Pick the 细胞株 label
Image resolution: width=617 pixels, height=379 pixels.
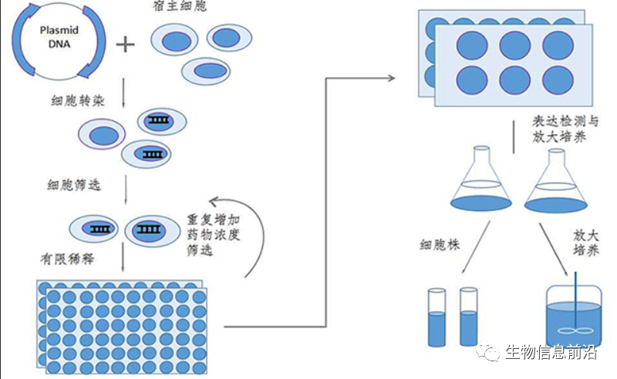click(440, 246)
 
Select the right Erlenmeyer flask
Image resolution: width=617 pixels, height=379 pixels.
click(555, 183)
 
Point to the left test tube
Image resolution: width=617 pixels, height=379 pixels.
click(437, 317)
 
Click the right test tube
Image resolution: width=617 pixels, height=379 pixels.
click(468, 317)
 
